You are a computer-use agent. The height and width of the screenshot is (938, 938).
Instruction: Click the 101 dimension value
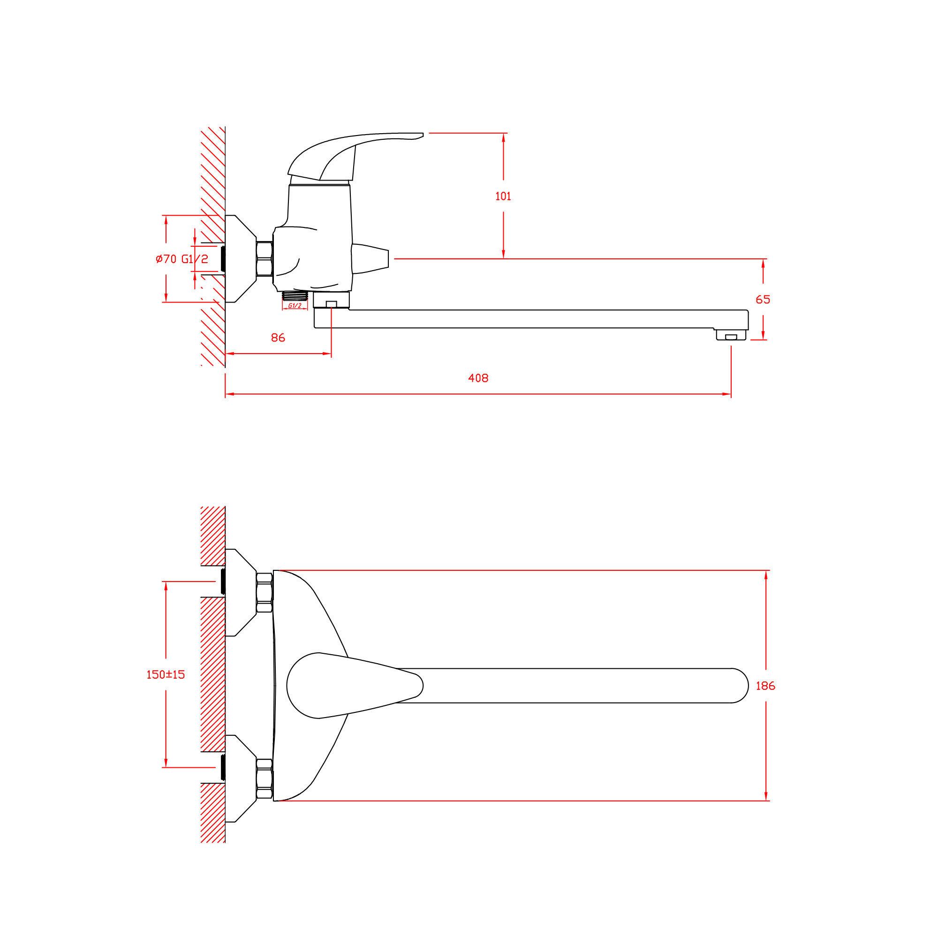coord(503,196)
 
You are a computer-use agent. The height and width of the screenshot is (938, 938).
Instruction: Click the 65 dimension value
coord(763,300)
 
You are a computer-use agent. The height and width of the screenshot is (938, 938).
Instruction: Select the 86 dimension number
coord(278,338)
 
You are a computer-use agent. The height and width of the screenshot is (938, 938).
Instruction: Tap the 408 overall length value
coord(478,378)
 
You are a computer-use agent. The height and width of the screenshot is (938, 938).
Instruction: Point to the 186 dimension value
coord(766,686)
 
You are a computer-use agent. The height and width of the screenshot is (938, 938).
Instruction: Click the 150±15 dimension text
coord(166,675)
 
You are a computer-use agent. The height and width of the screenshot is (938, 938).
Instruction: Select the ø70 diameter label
coord(166,259)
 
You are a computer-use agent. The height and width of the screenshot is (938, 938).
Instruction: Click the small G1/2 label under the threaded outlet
coord(295,306)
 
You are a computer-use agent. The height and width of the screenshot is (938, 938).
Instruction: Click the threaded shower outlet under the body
coord(295,295)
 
